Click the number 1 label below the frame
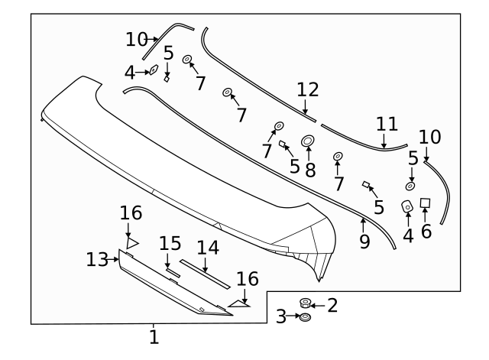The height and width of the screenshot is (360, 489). (x=154, y=336)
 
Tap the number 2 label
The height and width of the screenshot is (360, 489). (x=332, y=306)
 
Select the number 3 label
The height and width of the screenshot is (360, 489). (x=281, y=316)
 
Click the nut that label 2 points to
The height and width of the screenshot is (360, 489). (x=305, y=303)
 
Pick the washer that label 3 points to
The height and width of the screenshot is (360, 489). (x=304, y=316)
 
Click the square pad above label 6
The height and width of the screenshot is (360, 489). (x=426, y=203)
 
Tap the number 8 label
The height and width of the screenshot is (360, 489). (x=310, y=170)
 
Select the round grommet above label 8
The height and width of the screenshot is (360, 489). (x=309, y=141)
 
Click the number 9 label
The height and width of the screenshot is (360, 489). (x=364, y=242)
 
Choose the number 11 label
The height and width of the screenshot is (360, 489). (x=387, y=123)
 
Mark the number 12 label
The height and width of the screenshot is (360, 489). (x=307, y=89)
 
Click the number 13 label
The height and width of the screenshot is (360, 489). (x=98, y=260)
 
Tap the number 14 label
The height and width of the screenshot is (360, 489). (x=207, y=248)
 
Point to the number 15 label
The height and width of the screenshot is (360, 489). (x=170, y=243)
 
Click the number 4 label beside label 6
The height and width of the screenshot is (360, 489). (x=408, y=235)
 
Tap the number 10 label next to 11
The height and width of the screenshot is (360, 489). (x=430, y=137)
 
